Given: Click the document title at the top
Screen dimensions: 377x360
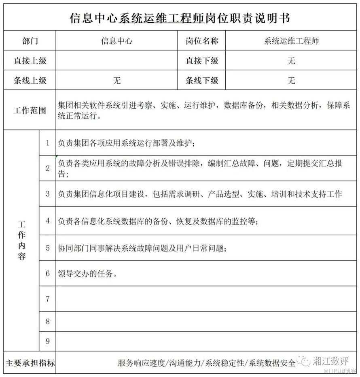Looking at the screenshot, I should pyautogui.click(x=180, y=18).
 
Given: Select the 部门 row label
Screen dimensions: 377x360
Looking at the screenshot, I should pyautogui.click(x=30, y=41).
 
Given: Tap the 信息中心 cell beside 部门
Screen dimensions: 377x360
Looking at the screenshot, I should pyautogui.click(x=116, y=41).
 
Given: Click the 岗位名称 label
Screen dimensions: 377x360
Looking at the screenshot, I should pyautogui.click(x=201, y=41).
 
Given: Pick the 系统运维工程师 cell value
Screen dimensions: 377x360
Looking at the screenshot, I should pyautogui.click(x=291, y=41).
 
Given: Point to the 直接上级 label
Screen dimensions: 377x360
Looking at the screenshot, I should pyautogui.click(x=30, y=61).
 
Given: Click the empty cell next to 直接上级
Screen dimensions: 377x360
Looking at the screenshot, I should pyautogui.click(x=116, y=61).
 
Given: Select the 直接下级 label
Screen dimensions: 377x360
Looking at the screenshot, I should pyautogui.click(x=201, y=61).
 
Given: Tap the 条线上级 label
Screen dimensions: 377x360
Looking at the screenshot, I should pyautogui.click(x=30, y=81).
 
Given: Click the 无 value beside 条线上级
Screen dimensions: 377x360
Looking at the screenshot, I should pyautogui.click(x=116, y=81).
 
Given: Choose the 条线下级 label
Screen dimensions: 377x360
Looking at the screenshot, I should pyautogui.click(x=201, y=81).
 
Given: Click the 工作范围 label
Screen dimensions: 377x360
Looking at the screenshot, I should pyautogui.click(x=30, y=110).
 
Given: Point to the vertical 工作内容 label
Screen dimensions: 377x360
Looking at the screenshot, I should pyautogui.click(x=21, y=240).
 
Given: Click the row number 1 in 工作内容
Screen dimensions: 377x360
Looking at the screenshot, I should pyautogui.click(x=48, y=143).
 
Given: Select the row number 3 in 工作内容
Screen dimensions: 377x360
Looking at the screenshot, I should pyautogui.click(x=48, y=194).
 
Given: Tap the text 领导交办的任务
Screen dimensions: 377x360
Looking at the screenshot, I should pyautogui.click(x=87, y=274).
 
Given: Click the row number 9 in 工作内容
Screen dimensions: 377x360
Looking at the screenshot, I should pyautogui.click(x=48, y=341).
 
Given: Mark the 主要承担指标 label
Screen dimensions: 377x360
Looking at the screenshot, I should pyautogui.click(x=30, y=363).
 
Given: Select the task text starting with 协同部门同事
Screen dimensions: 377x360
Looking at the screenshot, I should pyautogui.click(x=142, y=248).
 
